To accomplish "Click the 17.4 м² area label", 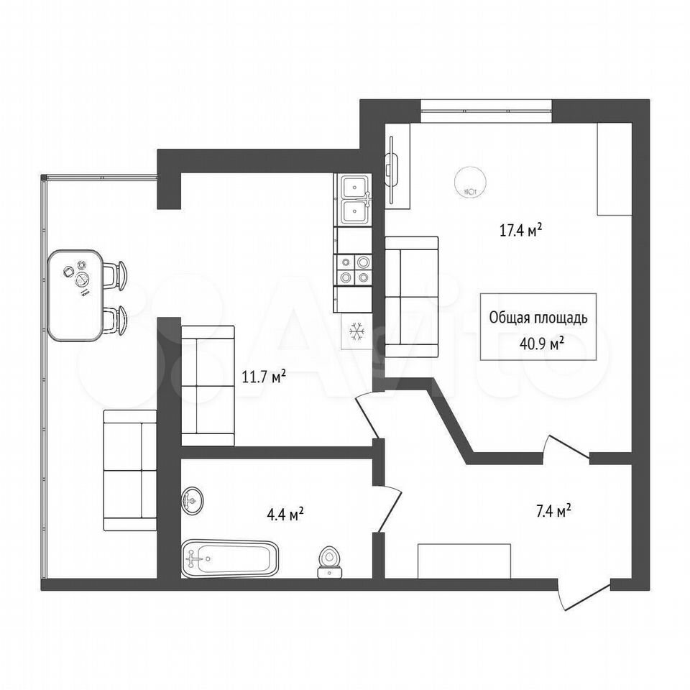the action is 520,230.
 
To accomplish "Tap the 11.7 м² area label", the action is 264,376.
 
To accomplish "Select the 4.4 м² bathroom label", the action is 285,514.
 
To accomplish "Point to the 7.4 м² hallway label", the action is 553,511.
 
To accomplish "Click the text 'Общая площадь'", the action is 538,318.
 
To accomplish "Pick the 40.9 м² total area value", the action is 542,344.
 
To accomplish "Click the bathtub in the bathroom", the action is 230,558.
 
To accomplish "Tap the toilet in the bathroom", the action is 330,561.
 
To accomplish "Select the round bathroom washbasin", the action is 192,500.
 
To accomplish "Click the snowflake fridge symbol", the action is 357,331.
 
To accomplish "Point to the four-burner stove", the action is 354,270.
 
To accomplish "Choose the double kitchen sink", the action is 353,199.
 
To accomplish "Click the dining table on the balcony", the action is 75,295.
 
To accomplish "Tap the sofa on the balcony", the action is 130,470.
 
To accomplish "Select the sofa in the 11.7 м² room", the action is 208,385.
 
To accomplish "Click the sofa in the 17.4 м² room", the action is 411,297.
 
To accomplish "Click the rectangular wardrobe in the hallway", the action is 464,561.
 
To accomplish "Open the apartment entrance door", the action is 584,594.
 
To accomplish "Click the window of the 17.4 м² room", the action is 486,111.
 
